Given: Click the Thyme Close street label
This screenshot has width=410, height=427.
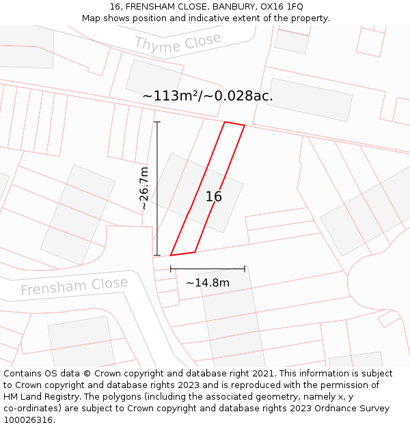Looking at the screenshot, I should click(178, 44).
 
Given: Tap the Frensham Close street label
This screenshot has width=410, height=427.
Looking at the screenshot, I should click(74, 286).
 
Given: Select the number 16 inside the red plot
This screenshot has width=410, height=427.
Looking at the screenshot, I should click(214, 197).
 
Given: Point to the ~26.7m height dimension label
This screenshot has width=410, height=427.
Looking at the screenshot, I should click(144, 188).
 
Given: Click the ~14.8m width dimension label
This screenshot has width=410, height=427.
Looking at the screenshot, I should click(208, 283).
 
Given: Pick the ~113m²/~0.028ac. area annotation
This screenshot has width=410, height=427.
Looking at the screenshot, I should click(208, 96).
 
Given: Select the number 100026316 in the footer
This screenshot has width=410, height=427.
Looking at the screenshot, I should click(28, 420).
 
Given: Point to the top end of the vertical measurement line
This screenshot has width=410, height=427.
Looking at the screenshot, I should click(157, 122).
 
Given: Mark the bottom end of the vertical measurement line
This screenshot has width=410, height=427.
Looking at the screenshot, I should click(157, 256).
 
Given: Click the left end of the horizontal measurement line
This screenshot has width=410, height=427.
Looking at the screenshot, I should click(171, 269).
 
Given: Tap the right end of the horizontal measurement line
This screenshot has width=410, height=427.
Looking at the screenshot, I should click(245, 269).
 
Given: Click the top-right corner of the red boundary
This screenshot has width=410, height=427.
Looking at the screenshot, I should click(245, 126).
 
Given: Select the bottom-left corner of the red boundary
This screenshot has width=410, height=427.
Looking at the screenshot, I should click(170, 256).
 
